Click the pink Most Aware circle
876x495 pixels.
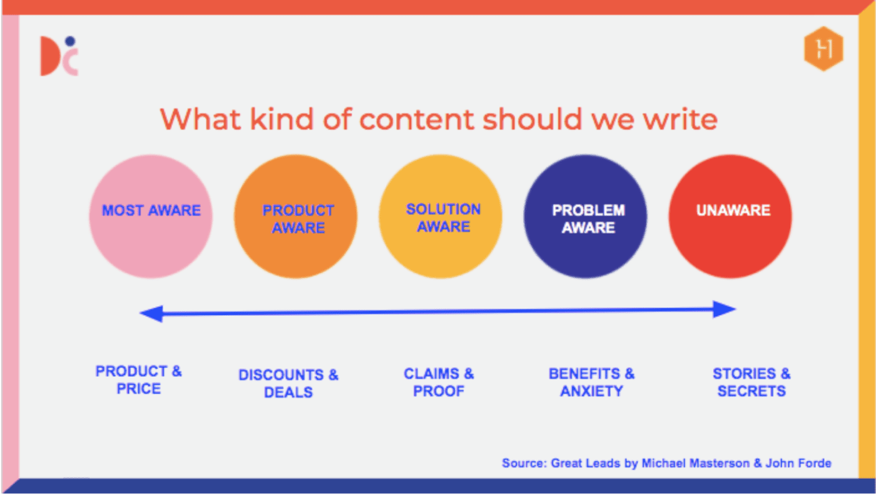click(151, 216)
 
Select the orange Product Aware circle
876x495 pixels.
click(296, 216)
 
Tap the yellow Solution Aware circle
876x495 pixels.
click(441, 216)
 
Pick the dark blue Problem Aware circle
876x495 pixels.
click(586, 216)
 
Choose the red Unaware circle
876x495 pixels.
click(730, 216)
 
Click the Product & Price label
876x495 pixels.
click(138, 380)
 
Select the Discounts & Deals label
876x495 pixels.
click(288, 383)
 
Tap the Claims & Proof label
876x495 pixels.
click(439, 382)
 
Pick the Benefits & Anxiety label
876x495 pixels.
click(591, 382)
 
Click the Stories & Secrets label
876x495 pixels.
click(751, 382)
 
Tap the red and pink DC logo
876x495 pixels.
click(58, 57)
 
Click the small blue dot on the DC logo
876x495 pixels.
click(70, 41)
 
